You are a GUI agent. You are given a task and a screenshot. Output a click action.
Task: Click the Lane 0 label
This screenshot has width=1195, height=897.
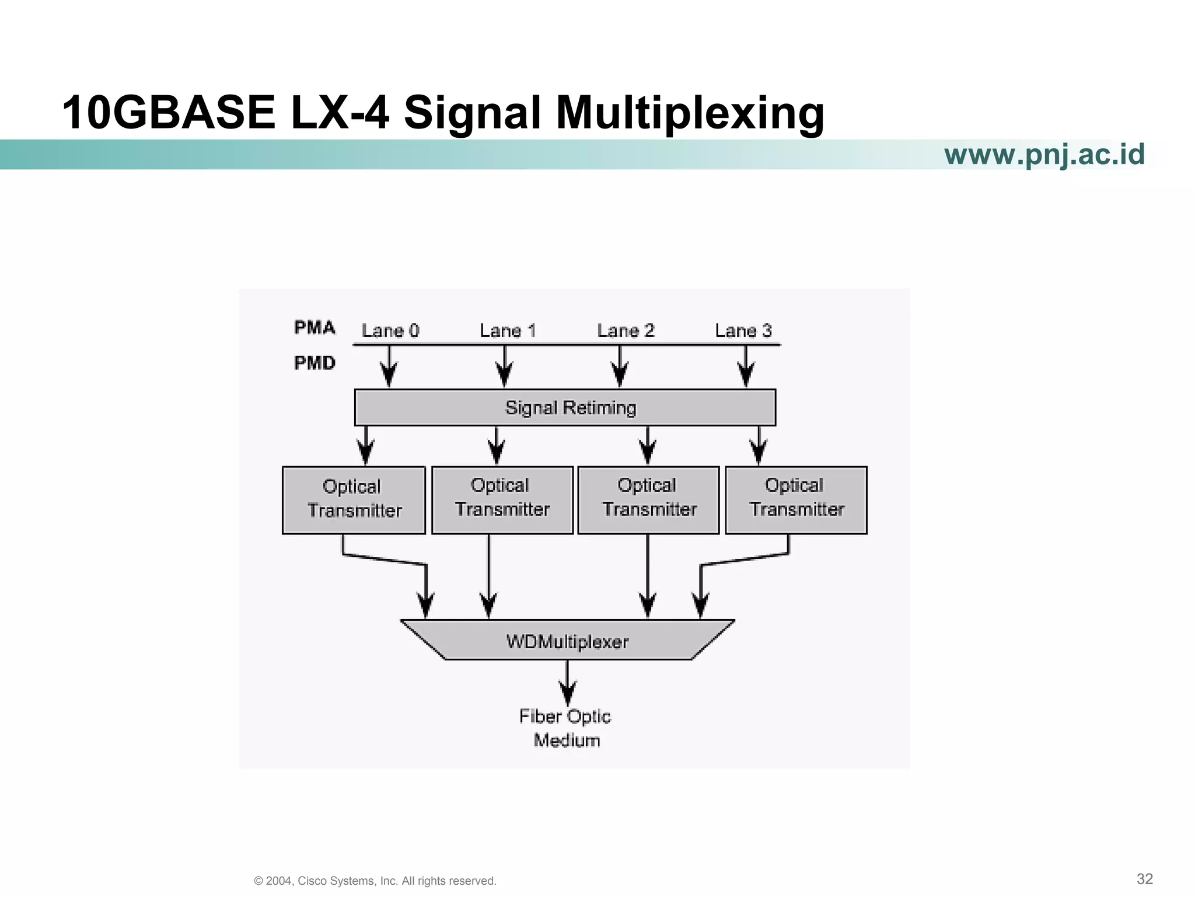390,331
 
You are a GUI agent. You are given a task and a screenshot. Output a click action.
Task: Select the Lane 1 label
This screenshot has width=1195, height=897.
508,331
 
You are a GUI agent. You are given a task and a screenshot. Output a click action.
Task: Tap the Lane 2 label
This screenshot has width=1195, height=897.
626,331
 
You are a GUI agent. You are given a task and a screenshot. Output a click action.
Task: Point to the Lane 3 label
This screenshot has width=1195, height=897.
743,331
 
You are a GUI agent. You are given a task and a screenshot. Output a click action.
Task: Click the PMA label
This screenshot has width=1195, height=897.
315,328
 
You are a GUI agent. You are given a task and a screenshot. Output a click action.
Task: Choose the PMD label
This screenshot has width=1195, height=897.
315,363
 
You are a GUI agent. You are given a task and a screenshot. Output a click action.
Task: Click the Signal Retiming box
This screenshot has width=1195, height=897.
565,408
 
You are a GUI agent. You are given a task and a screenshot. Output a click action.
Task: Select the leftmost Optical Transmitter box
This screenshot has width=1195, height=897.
354,500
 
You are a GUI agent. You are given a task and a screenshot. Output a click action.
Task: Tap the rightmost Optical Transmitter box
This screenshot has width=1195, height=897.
796,500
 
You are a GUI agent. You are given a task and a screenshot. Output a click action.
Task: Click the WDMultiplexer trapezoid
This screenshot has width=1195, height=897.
567,641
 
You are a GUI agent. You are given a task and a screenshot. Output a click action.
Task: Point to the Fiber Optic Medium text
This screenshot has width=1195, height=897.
565,728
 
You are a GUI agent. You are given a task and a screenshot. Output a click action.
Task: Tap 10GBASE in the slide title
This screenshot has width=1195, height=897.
169,113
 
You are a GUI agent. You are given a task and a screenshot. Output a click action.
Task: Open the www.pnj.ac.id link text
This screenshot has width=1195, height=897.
1044,155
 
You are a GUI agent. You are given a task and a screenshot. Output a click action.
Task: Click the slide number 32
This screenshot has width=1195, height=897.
1144,879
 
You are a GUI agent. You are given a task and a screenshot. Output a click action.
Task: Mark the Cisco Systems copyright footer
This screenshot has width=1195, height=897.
375,881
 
